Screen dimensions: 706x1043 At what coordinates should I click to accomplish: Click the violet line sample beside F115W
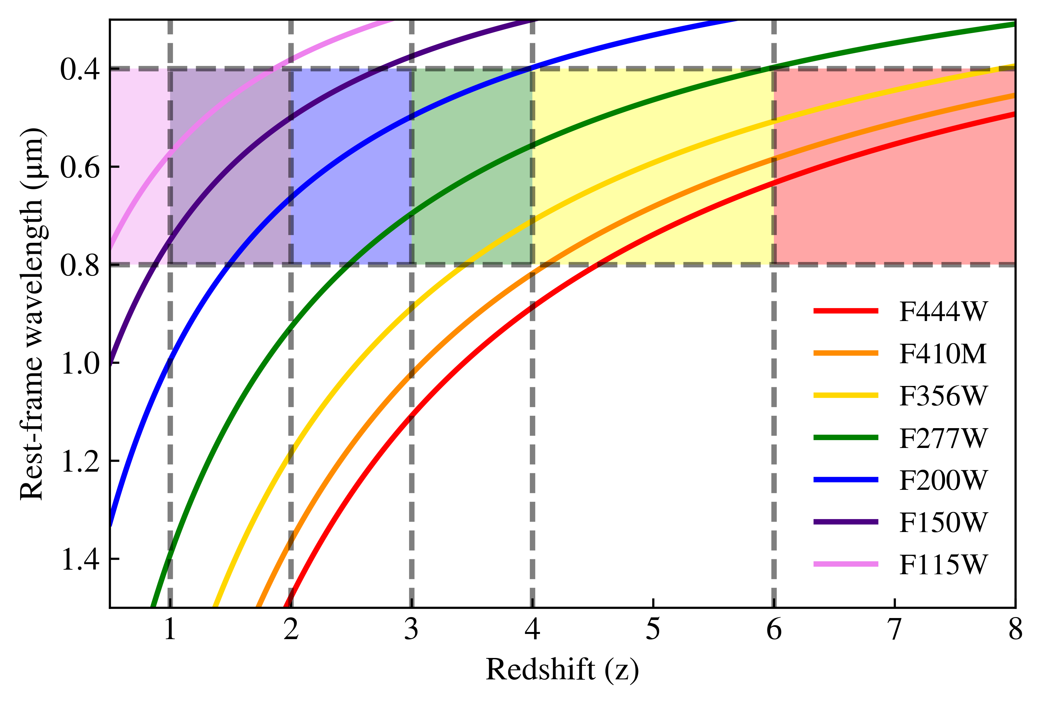coord(846,564)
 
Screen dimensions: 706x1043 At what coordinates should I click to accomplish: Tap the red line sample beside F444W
coord(846,311)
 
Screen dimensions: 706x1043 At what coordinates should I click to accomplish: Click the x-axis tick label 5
coord(653,630)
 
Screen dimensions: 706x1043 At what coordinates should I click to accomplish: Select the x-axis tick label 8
coord(1015,630)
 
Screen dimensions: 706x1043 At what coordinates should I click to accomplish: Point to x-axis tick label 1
coord(170,630)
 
